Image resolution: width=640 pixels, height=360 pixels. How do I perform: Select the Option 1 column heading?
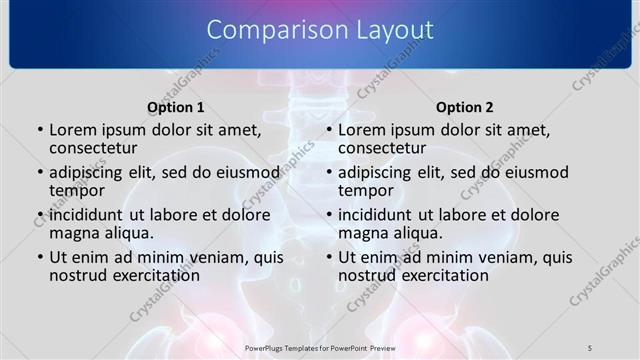176,107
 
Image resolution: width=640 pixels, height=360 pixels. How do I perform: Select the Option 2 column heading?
465,107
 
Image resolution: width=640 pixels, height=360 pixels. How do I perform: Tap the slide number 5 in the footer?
590,346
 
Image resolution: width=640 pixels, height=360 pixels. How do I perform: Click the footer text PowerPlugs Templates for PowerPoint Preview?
320,346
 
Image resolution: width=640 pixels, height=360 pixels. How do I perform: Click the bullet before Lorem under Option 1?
39,131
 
